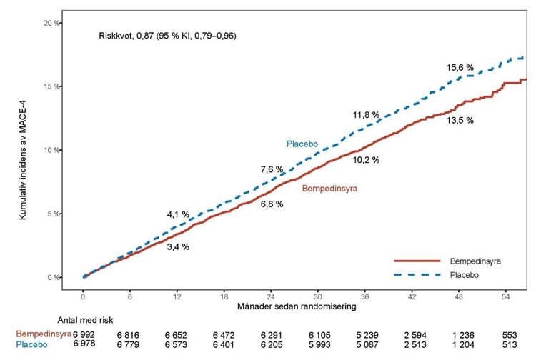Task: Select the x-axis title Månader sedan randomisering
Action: pyautogui.click(x=297, y=306)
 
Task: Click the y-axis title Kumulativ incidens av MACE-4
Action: pyautogui.click(x=23, y=160)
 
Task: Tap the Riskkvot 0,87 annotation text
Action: pyautogui.click(x=168, y=36)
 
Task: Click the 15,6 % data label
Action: pyautogui.click(x=460, y=67)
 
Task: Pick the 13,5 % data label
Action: pyautogui.click(x=460, y=121)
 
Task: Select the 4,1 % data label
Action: pyautogui.click(x=178, y=214)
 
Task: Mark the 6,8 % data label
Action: pyautogui.click(x=272, y=204)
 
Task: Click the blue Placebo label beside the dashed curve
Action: pyautogui.click(x=302, y=144)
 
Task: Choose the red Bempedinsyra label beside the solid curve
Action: pyautogui.click(x=329, y=189)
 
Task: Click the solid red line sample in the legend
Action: pyautogui.click(x=417, y=261)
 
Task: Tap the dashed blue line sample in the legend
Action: pyautogui.click(x=417, y=274)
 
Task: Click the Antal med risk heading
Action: pyautogui.click(x=86, y=320)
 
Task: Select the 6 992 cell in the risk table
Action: pyautogui.click(x=84, y=335)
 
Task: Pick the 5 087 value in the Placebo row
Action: pyautogui.click(x=367, y=344)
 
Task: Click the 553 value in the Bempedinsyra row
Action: pyautogui.click(x=510, y=335)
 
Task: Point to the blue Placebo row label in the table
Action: pyautogui.click(x=31, y=344)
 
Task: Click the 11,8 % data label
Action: pyautogui.click(x=366, y=115)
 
